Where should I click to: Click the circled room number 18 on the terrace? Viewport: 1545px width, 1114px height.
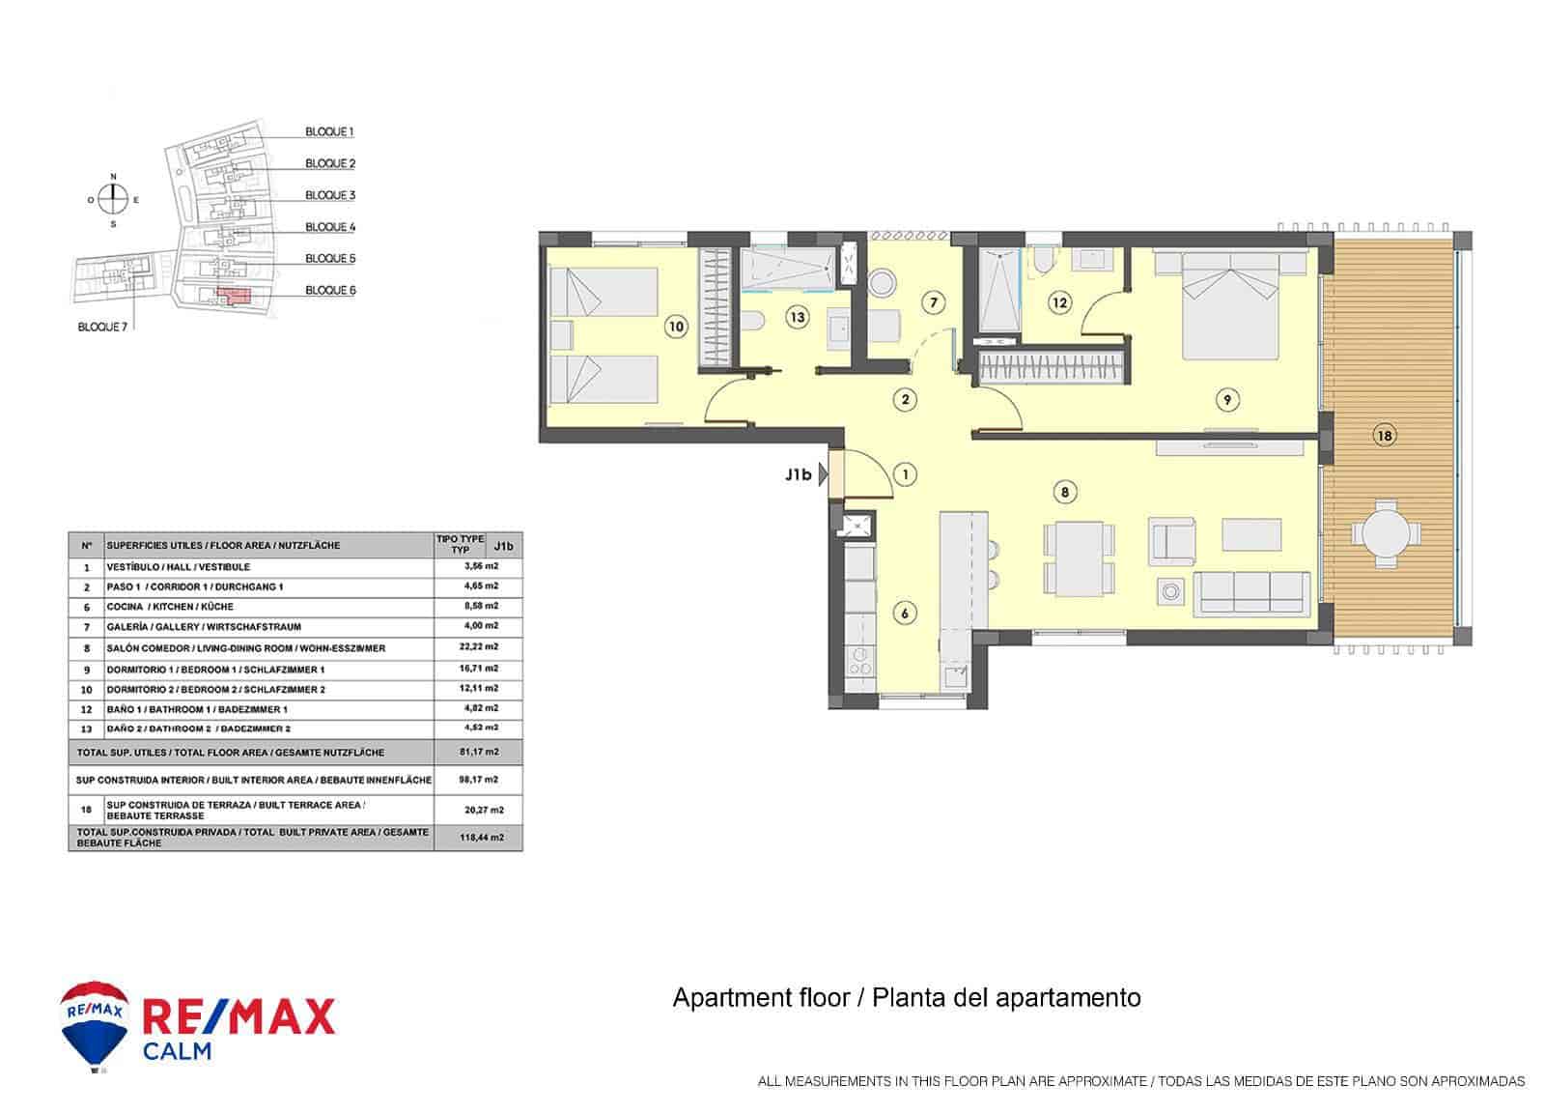coord(1384,436)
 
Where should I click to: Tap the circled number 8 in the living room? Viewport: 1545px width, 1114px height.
coord(1064,492)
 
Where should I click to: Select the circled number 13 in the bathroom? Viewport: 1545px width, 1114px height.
coord(797,316)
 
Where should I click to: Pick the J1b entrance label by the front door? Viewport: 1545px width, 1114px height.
coord(798,474)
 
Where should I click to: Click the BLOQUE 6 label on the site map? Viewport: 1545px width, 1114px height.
coord(330,290)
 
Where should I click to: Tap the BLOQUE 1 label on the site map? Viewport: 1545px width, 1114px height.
coord(329,131)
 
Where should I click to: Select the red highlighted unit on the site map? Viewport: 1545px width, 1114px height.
coord(232,296)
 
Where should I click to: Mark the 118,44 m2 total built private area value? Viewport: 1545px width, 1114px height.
coord(482,838)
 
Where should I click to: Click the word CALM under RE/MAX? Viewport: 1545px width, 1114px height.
coord(177,1051)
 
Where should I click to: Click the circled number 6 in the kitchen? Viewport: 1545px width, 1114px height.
coord(904,613)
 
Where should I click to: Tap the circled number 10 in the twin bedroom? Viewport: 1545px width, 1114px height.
coord(676,327)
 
